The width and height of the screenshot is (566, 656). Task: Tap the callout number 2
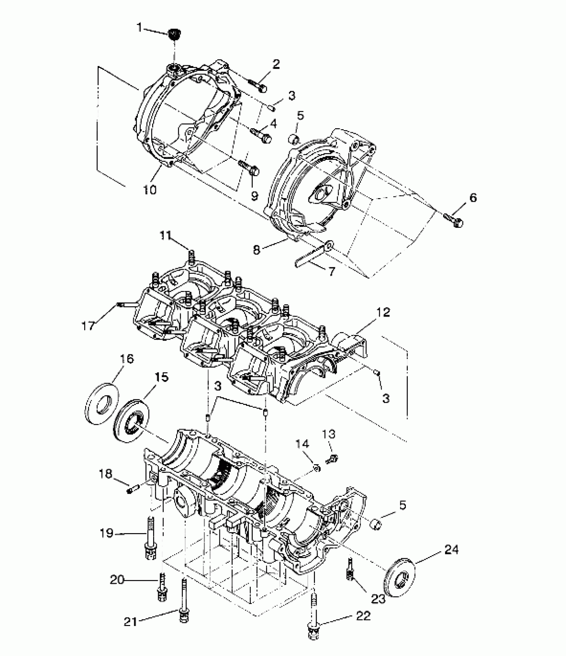click(x=276, y=65)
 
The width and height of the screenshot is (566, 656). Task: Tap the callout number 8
click(x=256, y=250)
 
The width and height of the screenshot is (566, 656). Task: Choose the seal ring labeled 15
click(x=132, y=420)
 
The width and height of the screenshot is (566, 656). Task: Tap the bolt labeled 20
click(x=162, y=586)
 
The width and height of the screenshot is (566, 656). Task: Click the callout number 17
click(x=88, y=326)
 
